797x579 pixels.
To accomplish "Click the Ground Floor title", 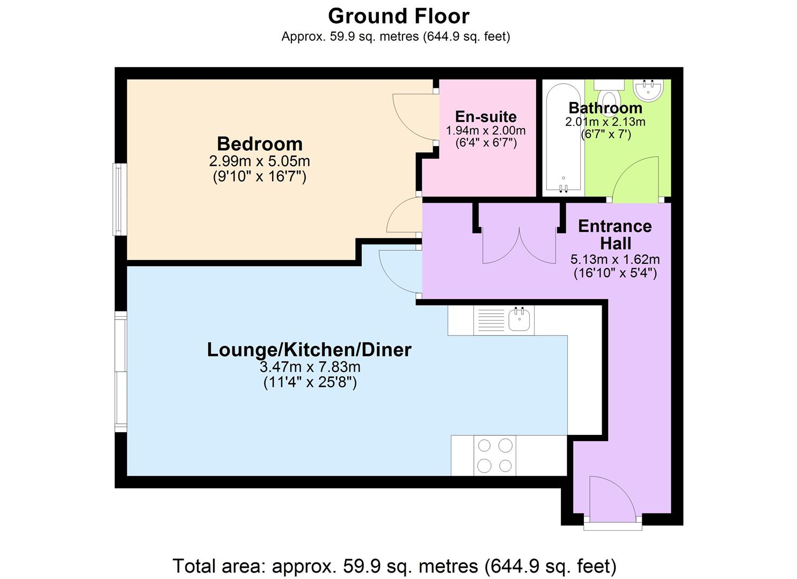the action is click(398, 16).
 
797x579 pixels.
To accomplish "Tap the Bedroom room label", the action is click(260, 144).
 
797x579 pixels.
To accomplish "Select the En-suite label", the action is click(486, 116).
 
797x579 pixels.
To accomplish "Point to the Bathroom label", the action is click(605, 108).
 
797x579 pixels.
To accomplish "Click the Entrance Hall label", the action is click(615, 235).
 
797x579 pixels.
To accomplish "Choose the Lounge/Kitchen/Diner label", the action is click(309, 350).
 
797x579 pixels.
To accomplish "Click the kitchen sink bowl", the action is click(519, 319).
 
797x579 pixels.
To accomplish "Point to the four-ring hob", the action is click(494, 455).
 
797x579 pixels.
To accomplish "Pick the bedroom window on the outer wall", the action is click(120, 199).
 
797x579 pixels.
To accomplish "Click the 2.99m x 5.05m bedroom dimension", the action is click(259, 161).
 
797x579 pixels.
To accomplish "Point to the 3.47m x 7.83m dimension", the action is click(310, 367).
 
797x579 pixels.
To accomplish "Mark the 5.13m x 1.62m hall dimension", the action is click(615, 259).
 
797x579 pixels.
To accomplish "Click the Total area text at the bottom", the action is click(394, 566).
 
